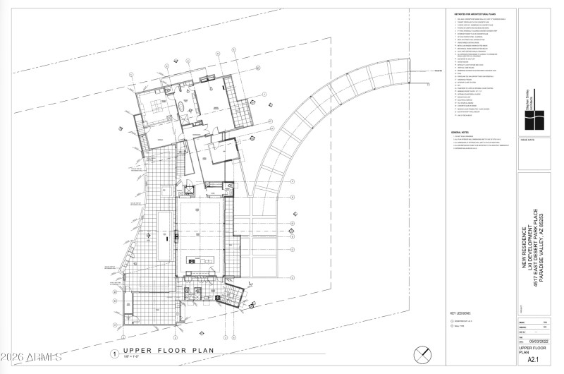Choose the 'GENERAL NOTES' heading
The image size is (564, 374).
461,133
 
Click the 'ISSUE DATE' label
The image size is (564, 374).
528,140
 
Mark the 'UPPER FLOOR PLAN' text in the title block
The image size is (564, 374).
534,351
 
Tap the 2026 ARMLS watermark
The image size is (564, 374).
31,362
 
